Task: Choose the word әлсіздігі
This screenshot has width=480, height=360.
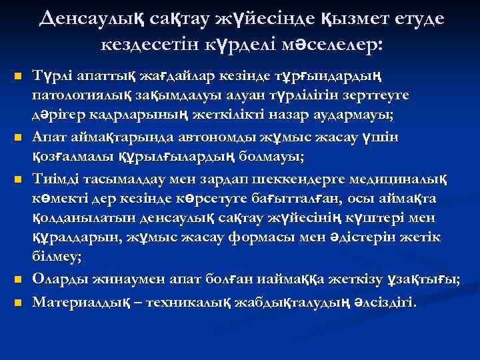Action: point(381,301)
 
